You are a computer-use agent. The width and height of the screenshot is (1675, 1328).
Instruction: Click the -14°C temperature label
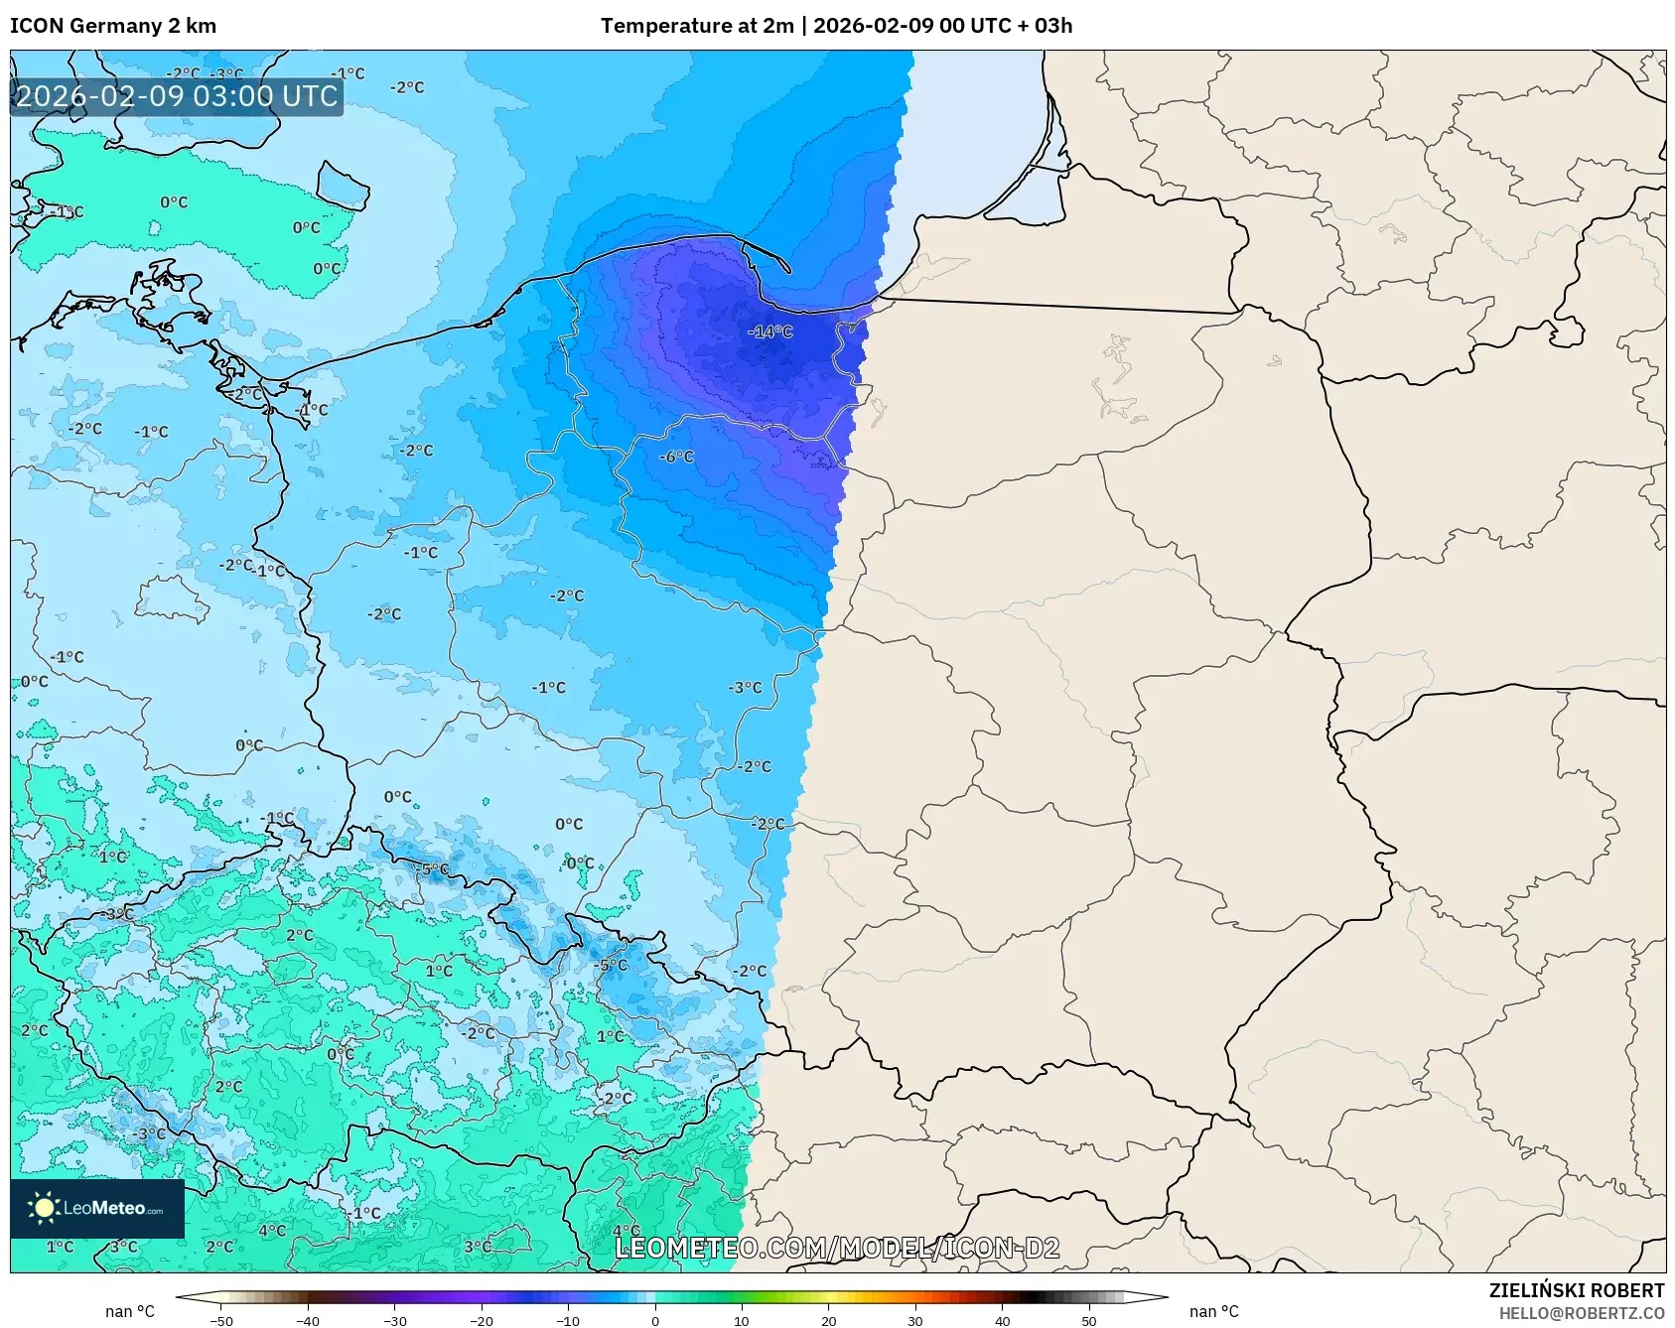(769, 332)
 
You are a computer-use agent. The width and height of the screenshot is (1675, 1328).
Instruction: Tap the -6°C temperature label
(676, 457)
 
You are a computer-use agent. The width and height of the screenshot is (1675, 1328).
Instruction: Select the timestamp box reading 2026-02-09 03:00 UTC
(177, 96)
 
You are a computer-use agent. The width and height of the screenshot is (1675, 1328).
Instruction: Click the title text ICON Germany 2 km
(113, 26)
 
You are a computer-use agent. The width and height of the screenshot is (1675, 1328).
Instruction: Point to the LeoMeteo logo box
(97, 1208)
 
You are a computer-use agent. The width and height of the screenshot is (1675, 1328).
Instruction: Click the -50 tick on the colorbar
(221, 1320)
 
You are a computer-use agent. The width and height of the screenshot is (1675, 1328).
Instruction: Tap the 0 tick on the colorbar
(654, 1320)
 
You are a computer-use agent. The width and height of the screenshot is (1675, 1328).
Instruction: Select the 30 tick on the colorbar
(914, 1320)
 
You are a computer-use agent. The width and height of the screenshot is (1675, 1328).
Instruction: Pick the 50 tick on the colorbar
(1088, 1320)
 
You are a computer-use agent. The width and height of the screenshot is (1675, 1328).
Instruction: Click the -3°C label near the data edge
(745, 687)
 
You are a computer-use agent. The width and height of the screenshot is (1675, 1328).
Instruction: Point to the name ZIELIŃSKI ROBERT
(1576, 1290)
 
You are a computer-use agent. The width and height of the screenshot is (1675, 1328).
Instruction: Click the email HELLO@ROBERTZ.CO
(1581, 1313)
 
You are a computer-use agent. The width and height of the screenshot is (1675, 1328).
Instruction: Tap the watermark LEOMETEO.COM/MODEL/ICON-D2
(837, 1248)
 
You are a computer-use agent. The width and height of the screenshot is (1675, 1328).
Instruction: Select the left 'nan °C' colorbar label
(130, 1311)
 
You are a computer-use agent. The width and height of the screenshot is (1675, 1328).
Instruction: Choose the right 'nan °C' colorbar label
(1213, 1311)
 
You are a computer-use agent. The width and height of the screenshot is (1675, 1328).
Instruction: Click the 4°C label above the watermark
(626, 1231)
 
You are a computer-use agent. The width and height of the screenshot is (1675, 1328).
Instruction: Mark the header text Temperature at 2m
(695, 26)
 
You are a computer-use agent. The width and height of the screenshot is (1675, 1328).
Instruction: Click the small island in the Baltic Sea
(344, 186)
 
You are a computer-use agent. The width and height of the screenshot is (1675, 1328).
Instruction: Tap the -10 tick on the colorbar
(567, 1320)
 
